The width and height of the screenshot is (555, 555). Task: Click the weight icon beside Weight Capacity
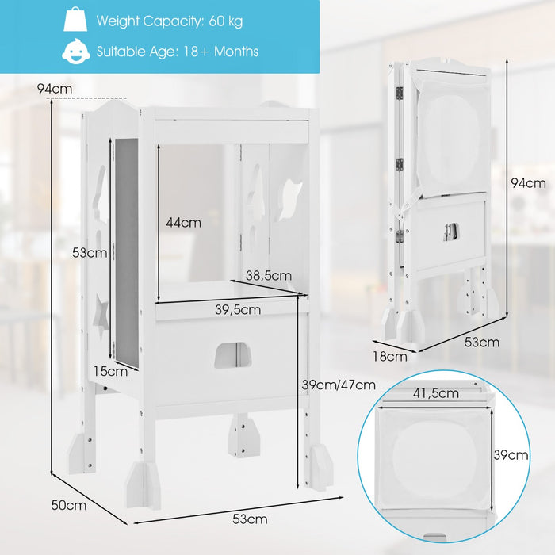click(x=75, y=20)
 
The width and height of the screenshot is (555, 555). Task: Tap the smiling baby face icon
click(x=76, y=52)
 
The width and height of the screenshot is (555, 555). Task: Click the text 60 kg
click(x=226, y=21)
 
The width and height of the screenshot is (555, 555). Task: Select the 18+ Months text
click(x=221, y=52)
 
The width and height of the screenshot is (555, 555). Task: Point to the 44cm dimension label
click(x=183, y=223)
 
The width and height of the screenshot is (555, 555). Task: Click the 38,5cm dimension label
click(x=269, y=275)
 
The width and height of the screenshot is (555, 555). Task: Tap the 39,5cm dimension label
click(x=238, y=310)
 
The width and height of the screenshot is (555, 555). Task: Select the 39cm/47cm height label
click(x=339, y=385)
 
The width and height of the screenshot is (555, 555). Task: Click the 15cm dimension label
click(x=110, y=371)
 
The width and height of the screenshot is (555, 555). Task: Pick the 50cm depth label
click(x=69, y=505)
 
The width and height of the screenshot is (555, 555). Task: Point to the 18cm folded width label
click(x=390, y=357)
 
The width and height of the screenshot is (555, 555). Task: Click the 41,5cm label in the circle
click(x=436, y=393)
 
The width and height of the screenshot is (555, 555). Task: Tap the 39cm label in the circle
click(x=511, y=455)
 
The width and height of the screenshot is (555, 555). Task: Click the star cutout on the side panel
click(x=101, y=315)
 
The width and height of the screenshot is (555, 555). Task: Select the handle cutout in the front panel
click(x=232, y=355)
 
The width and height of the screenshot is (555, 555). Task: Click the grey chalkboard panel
click(x=126, y=252)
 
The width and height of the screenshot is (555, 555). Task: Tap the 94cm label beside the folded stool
click(x=529, y=183)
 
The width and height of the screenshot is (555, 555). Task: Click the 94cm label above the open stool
click(x=55, y=89)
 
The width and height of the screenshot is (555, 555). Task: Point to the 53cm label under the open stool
click(x=250, y=519)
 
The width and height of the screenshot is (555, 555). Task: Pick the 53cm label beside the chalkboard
click(x=89, y=253)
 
